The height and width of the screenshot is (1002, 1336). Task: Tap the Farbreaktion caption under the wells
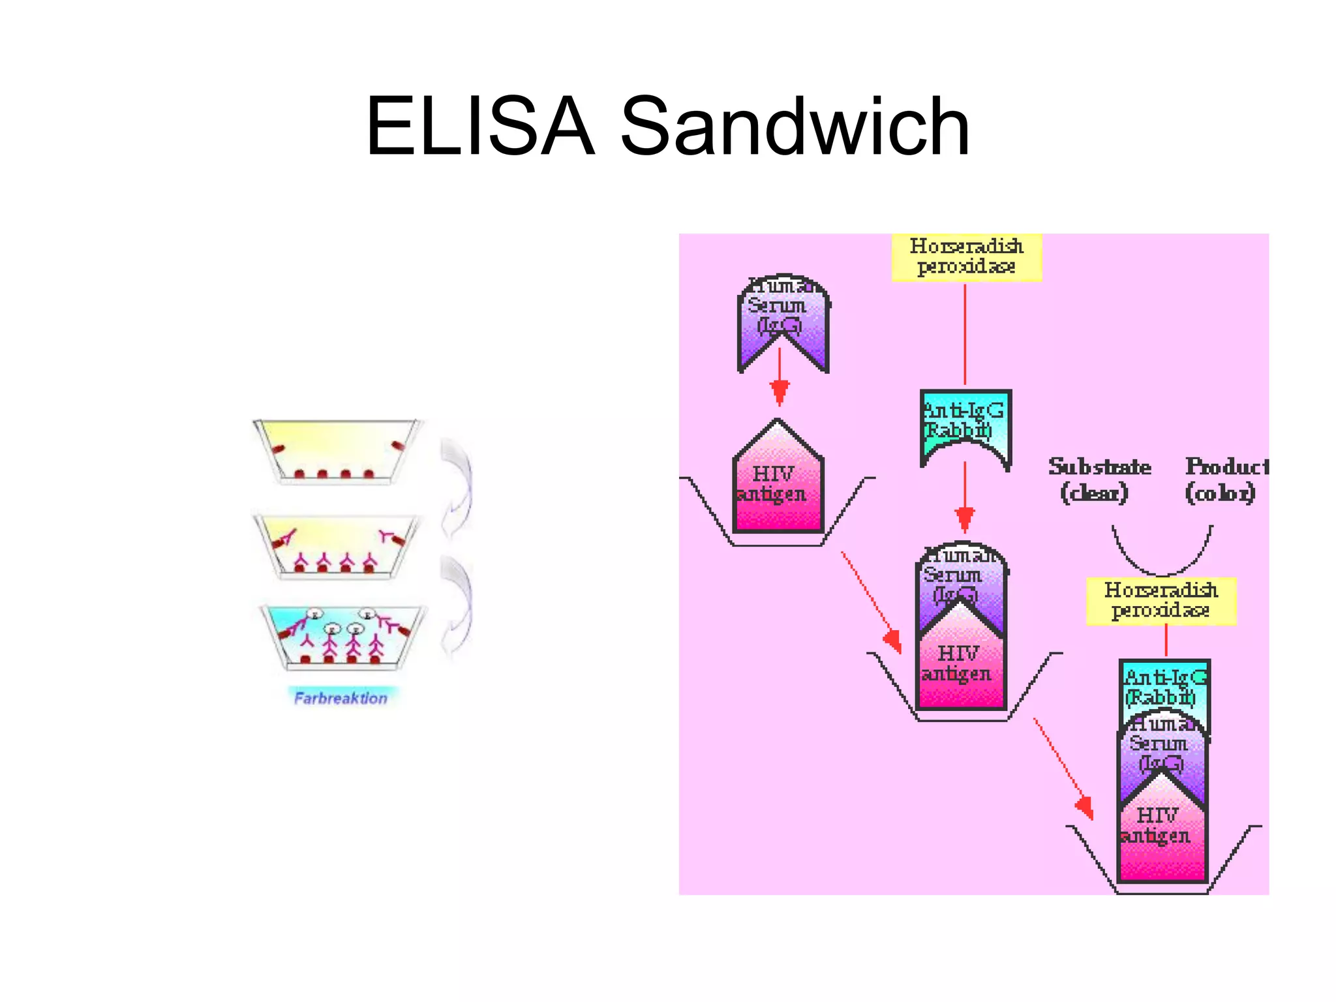click(x=341, y=698)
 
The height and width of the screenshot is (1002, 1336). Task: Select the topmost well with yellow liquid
click(x=337, y=450)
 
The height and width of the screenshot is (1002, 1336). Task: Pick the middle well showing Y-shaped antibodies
click(x=337, y=545)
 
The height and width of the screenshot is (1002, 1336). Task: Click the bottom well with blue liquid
click(x=342, y=636)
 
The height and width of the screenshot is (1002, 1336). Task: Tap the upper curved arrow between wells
click(x=457, y=486)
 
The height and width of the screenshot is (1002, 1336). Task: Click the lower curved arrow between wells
click(x=457, y=607)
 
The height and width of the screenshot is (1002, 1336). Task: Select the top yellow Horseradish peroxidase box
click(x=966, y=257)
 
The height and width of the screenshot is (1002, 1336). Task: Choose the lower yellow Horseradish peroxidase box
click(x=1161, y=601)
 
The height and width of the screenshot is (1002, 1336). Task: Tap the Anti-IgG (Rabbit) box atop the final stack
click(x=1164, y=685)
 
